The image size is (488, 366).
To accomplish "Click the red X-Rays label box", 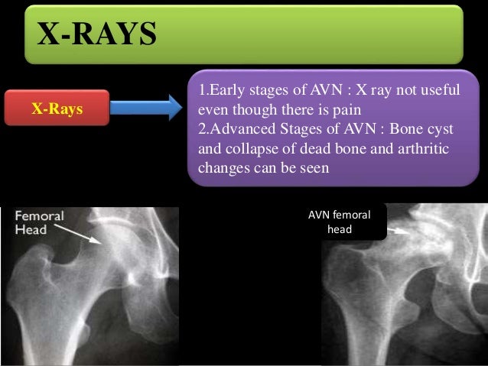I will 58,109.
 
